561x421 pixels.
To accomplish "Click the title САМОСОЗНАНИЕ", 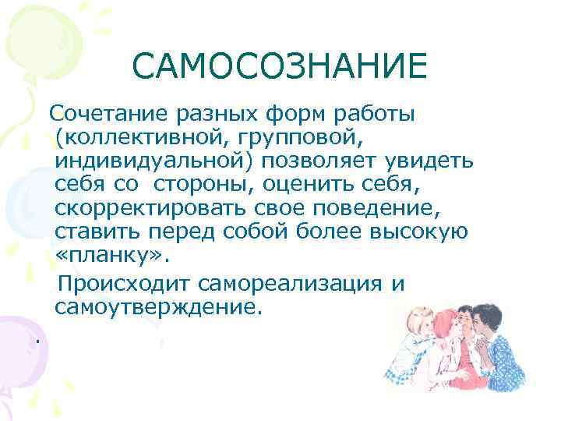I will click(x=280, y=67).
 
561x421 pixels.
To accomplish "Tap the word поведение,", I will click(x=365, y=209).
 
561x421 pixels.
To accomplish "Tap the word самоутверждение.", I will click(x=155, y=305).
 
